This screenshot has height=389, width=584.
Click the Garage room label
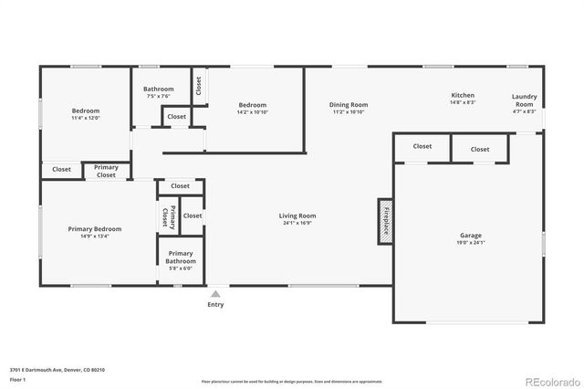pos(470,236)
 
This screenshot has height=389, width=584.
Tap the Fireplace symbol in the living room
pos(385,222)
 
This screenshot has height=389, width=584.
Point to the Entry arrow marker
pos(215,294)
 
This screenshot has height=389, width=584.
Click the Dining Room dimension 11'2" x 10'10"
pos(348,112)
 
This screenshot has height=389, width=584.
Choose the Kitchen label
pos(463,96)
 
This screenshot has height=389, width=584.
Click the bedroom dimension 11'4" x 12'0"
pos(86,118)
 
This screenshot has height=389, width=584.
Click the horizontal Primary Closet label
pos(106,171)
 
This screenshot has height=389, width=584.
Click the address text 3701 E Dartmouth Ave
pos(57,370)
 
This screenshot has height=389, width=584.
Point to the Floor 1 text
pos(17,379)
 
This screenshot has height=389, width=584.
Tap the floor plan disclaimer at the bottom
pos(292,381)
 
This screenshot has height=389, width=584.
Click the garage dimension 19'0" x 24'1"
pos(470,243)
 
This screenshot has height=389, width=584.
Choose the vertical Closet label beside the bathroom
pos(199,85)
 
